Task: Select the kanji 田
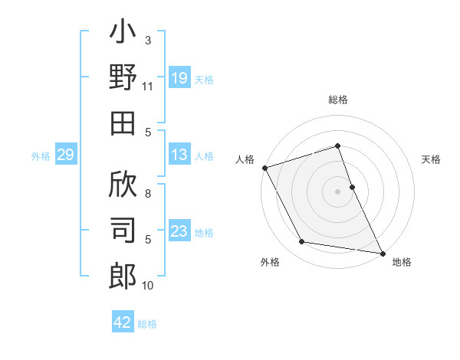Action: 123,123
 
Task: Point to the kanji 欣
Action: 123,185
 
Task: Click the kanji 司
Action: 123,231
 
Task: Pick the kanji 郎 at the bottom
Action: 123,276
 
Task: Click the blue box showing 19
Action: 179,77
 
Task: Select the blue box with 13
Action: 179,155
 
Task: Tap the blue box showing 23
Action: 179,231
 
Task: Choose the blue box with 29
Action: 65,155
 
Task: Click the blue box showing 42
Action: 123,322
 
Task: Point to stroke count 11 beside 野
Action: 147,87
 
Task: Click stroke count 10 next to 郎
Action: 148,286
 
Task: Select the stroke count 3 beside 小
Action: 148,40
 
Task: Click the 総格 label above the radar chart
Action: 338,100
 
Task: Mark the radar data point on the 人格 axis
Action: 264,168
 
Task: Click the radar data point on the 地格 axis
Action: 381,252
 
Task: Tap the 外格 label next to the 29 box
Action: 41,155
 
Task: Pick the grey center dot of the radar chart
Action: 338,191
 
